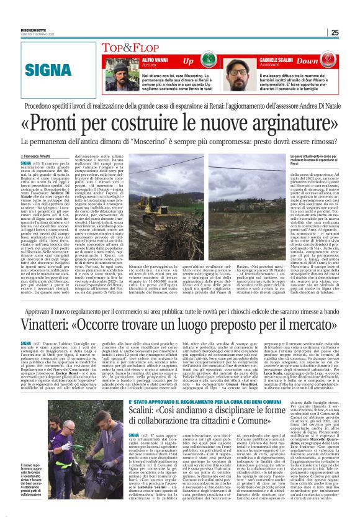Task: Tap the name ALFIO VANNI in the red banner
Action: click(142, 58)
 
